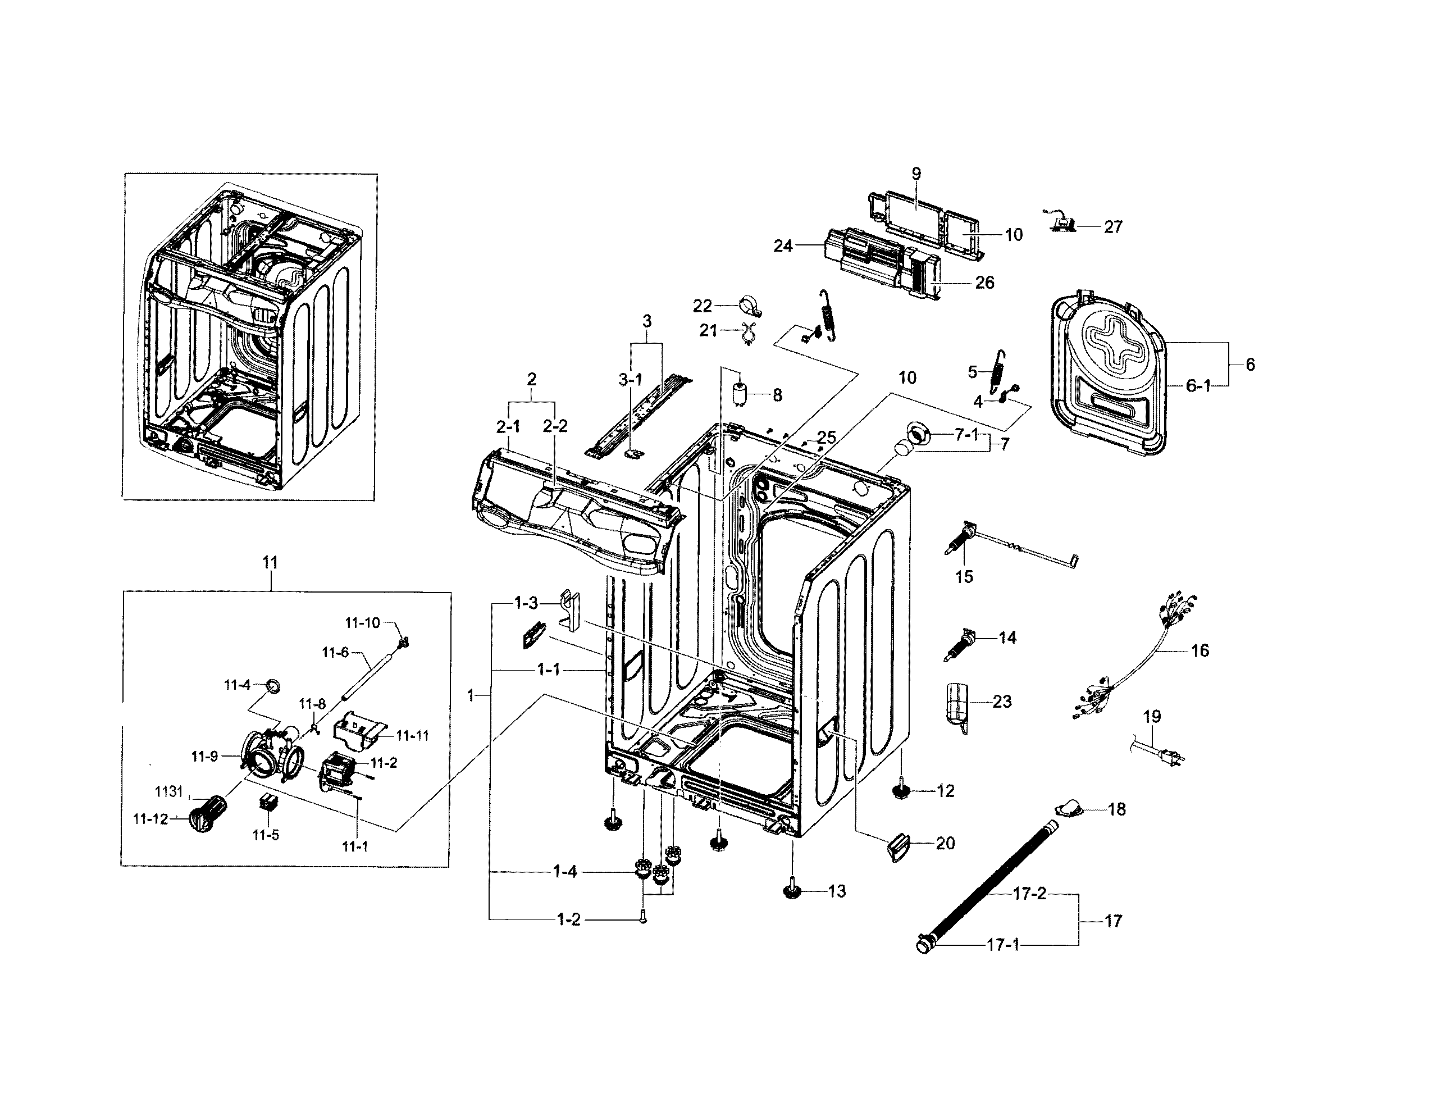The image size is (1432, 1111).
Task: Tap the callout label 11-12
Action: pos(151,819)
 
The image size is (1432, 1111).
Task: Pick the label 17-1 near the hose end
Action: pos(1002,945)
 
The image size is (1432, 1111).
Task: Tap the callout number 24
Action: pos(783,246)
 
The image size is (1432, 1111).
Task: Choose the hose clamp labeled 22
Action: pos(750,306)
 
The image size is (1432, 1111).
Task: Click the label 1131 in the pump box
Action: pos(168,791)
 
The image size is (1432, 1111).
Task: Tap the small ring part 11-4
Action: pos(273,687)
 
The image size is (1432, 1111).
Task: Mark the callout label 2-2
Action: pos(555,426)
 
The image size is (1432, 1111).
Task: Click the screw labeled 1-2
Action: pos(642,919)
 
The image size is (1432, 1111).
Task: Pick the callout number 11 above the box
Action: pos(270,563)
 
